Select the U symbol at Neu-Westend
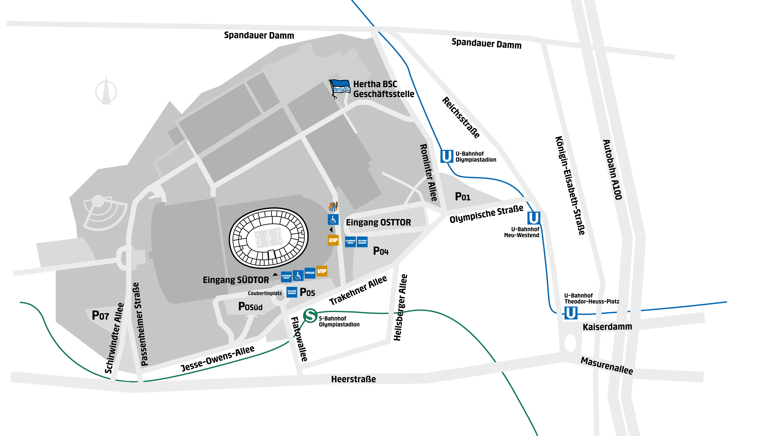click(533, 218)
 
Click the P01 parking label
click(462, 197)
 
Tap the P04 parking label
click(381, 251)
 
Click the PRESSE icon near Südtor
click(310, 273)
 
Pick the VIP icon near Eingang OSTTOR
click(333, 240)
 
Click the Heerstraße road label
click(353, 379)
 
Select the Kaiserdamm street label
click(607, 327)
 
